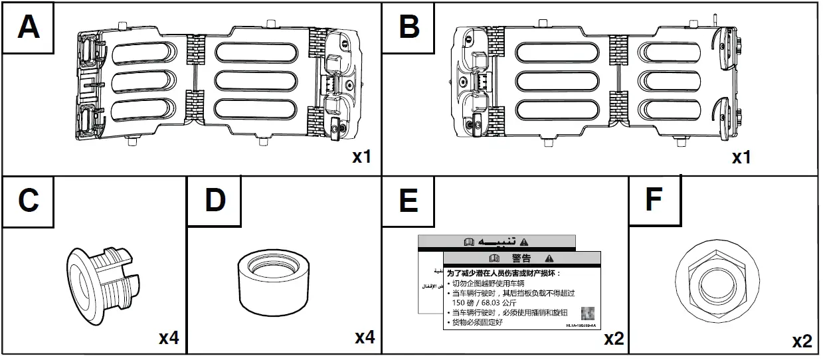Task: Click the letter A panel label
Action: (29, 27)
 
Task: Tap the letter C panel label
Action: (29, 200)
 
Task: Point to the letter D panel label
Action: (215, 200)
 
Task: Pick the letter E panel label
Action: (408, 200)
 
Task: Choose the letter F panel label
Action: (654, 200)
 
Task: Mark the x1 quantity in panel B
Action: (741, 157)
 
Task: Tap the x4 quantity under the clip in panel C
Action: (168, 338)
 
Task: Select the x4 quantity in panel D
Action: (365, 337)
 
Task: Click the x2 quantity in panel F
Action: (802, 341)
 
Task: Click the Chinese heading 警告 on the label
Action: (521, 258)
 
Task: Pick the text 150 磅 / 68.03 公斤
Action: (496, 302)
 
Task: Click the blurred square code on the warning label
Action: (587, 313)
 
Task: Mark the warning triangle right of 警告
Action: (549, 258)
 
